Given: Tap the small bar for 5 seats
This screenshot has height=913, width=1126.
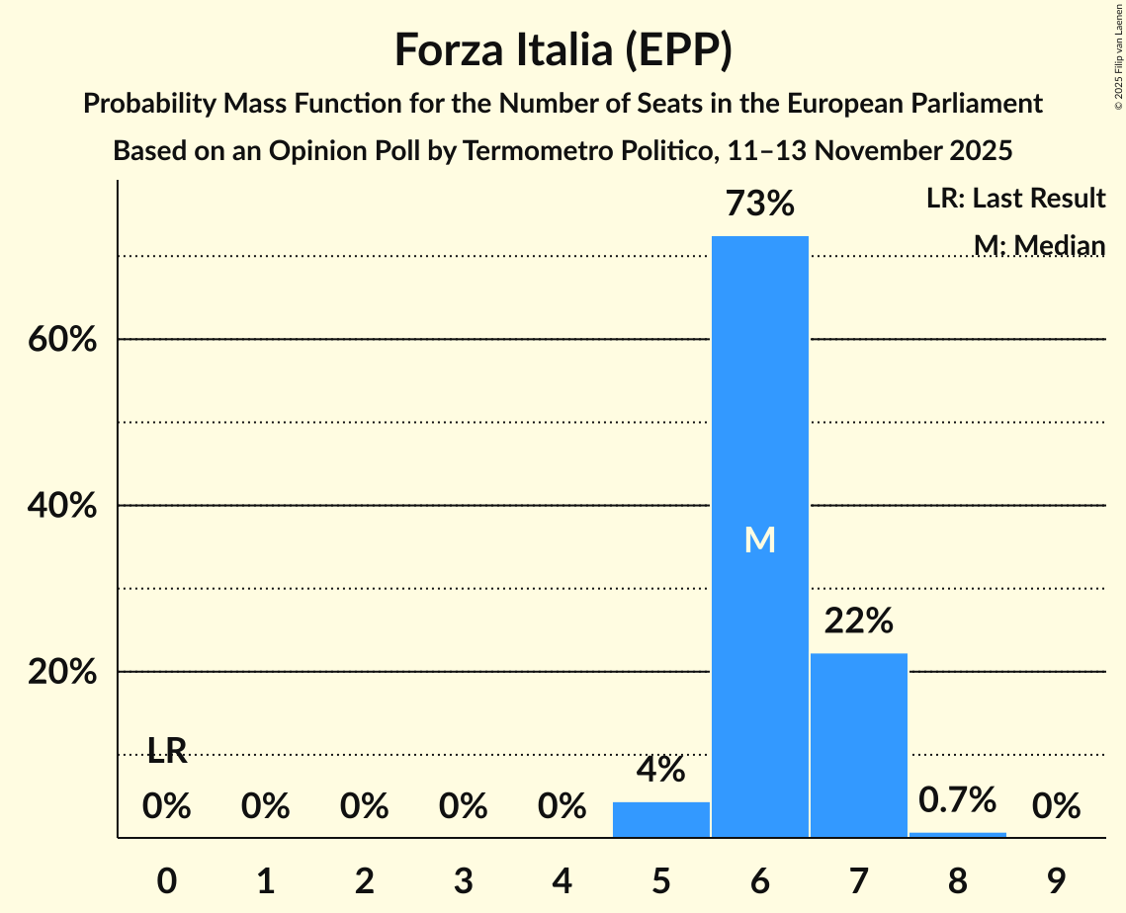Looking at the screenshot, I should (x=660, y=820).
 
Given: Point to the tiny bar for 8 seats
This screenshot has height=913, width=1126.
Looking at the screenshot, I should (x=957, y=835).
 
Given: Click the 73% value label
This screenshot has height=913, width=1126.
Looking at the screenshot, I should (x=759, y=205).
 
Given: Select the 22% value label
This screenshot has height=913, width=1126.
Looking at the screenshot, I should (x=858, y=622).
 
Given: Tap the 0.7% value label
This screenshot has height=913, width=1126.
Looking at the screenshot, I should (x=957, y=799).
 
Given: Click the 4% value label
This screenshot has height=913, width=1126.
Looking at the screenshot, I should (x=660, y=770).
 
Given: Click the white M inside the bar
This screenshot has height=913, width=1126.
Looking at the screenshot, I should (x=759, y=539).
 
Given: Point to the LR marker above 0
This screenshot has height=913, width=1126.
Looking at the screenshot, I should (x=167, y=751).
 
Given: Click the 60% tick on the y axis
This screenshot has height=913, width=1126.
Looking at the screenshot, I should (x=61, y=340).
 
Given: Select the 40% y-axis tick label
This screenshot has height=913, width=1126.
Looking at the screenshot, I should (x=61, y=506).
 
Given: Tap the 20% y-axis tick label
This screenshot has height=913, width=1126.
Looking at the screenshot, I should (x=61, y=672).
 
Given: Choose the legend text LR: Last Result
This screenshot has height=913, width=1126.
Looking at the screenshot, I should (x=1015, y=199).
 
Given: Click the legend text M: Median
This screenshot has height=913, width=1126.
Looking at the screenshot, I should (x=1038, y=245).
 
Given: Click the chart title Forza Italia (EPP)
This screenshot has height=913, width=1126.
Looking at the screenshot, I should (x=563, y=50).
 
